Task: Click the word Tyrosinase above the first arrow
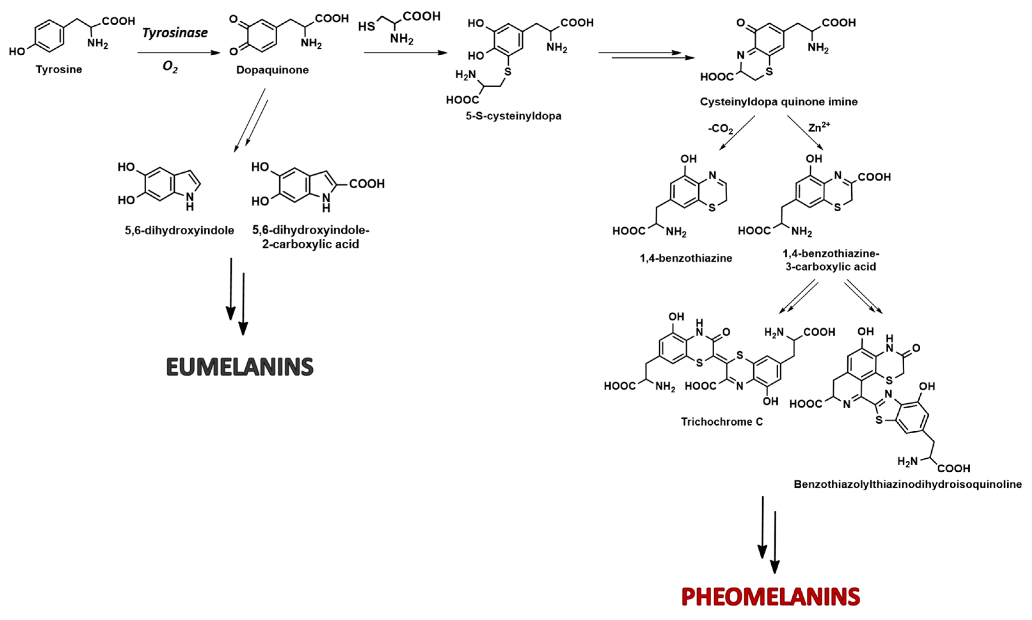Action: click(175, 33)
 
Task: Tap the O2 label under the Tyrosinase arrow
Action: click(170, 67)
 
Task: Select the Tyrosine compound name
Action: click(59, 69)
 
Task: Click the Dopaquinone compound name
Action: click(272, 70)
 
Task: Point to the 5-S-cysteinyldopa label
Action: click(513, 116)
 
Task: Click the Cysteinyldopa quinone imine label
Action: click(778, 102)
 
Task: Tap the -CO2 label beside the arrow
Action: click(720, 129)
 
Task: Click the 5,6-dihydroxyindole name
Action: click(179, 230)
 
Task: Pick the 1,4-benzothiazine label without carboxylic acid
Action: click(686, 258)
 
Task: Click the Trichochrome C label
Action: click(722, 422)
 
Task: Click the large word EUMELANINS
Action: click(240, 367)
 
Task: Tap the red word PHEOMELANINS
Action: click(770, 597)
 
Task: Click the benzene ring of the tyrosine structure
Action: click(49, 36)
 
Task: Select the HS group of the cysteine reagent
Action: click(367, 27)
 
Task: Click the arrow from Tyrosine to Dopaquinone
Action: click(179, 53)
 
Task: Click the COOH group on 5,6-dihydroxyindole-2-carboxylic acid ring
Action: click(367, 184)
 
